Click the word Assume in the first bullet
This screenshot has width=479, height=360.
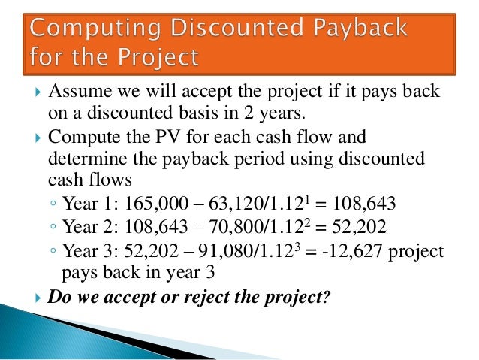point(76,93)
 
